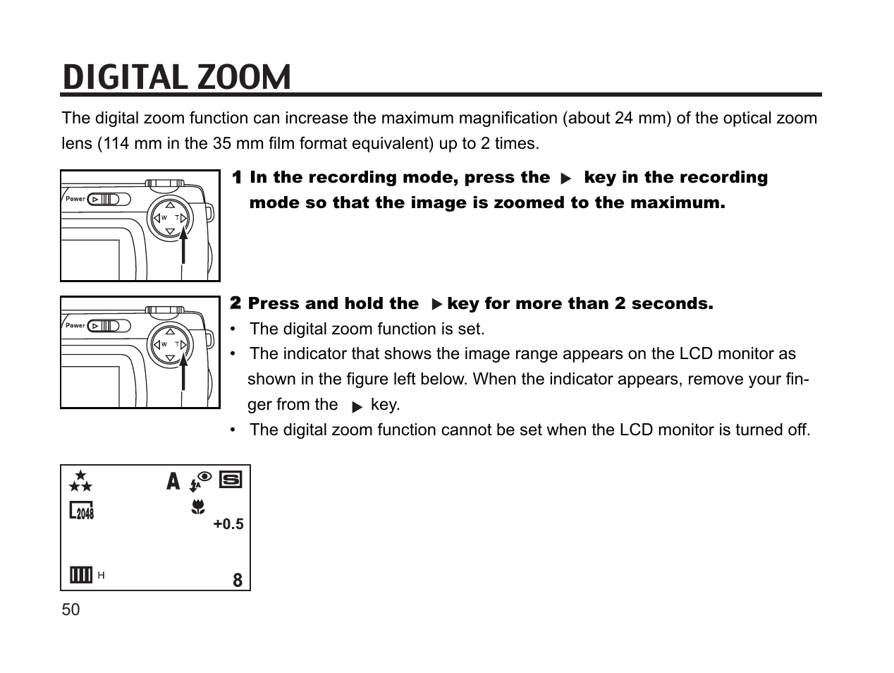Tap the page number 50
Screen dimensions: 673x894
71,610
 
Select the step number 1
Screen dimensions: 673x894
238,178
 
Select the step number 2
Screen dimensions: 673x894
236,303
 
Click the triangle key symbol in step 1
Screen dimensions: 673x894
565,179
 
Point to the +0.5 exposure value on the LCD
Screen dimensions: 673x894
228,524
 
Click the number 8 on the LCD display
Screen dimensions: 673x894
238,580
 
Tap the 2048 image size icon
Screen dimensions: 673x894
82,511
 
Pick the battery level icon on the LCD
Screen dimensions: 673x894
81,575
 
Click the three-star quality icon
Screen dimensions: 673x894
80,481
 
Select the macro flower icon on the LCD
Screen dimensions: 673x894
199,506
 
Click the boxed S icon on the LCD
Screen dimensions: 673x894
231,480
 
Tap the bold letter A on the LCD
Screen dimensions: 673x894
173,482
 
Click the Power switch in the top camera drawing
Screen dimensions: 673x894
109,199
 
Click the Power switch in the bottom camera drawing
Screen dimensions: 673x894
109,326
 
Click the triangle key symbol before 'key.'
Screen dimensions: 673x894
357,406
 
